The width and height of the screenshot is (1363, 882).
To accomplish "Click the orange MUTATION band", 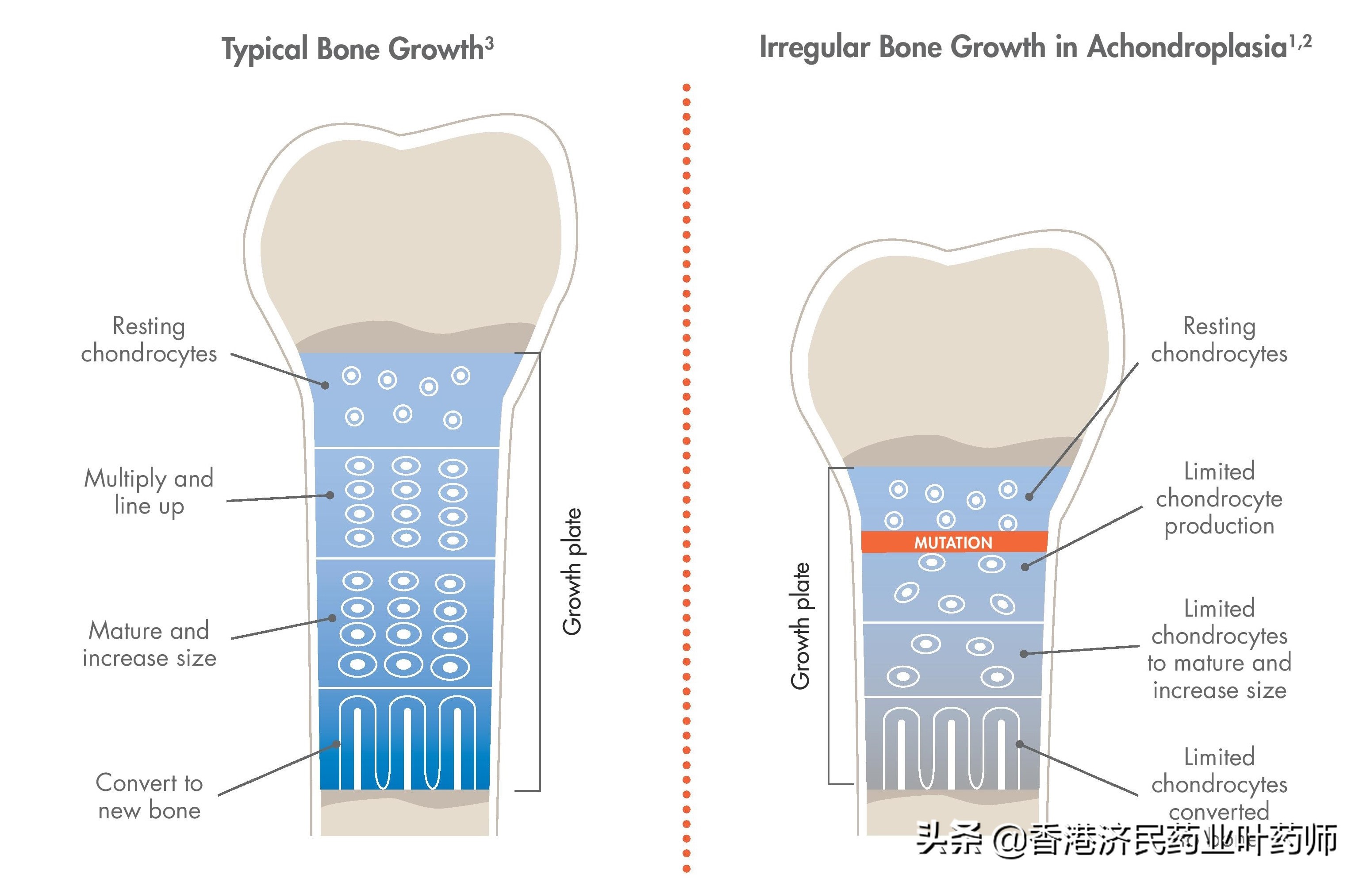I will point(954,542).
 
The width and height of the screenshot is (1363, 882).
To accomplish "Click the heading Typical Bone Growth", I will point(352,49).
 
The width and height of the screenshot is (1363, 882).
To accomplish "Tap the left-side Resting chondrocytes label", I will point(149,340).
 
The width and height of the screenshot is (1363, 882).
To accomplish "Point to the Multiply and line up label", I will point(149,492).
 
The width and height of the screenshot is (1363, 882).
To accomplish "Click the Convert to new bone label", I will point(150,797).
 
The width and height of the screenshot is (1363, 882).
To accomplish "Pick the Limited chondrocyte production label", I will point(1219,498).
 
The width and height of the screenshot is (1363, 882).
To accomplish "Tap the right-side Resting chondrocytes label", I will point(1219,340).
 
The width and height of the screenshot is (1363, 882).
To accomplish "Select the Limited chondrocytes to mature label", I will point(1219,649).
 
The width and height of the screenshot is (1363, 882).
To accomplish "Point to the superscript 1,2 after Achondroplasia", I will point(1300,41).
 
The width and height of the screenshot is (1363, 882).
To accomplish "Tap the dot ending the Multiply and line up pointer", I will point(330,495).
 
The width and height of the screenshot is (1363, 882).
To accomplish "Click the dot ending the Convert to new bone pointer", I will point(337,744).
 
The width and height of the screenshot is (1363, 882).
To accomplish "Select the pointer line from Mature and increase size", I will point(280,628).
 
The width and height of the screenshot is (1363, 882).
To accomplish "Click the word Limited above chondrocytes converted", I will point(1219,757).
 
